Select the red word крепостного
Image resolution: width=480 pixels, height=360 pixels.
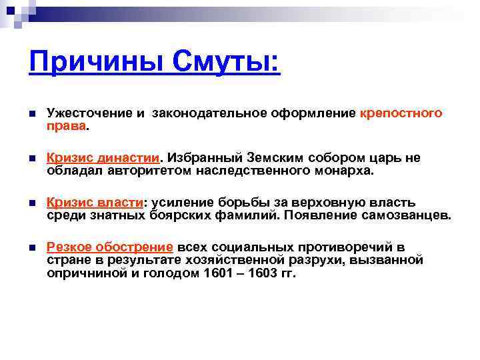[401, 113]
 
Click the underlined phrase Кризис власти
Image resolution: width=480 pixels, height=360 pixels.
[95, 203]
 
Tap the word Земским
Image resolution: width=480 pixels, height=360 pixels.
[274, 158]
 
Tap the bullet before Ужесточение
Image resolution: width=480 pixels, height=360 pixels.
[31, 114]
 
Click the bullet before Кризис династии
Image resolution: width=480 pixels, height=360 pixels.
[31, 159]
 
